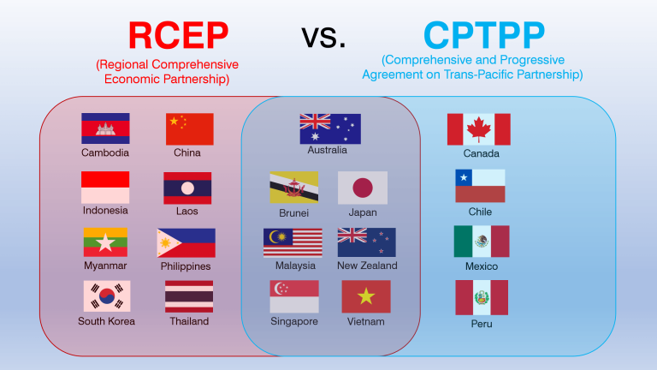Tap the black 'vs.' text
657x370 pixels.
point(323,37)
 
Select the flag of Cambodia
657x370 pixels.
point(105,128)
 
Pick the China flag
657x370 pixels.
point(189,128)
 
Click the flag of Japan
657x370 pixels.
point(363,188)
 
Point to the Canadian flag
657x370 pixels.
point(479,129)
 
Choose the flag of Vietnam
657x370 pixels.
point(366,296)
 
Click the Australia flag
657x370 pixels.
point(330,128)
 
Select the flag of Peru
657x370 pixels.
point(481,297)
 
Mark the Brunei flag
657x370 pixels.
point(293,188)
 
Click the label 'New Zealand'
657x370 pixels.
point(367,266)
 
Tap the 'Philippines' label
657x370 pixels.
point(186,266)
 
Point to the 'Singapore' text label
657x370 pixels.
point(294,321)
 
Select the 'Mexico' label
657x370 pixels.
point(481,266)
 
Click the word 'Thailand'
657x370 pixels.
point(189,321)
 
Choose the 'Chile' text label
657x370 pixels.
point(480,212)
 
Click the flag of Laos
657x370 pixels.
point(187,188)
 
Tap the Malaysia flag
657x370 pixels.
point(293,242)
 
